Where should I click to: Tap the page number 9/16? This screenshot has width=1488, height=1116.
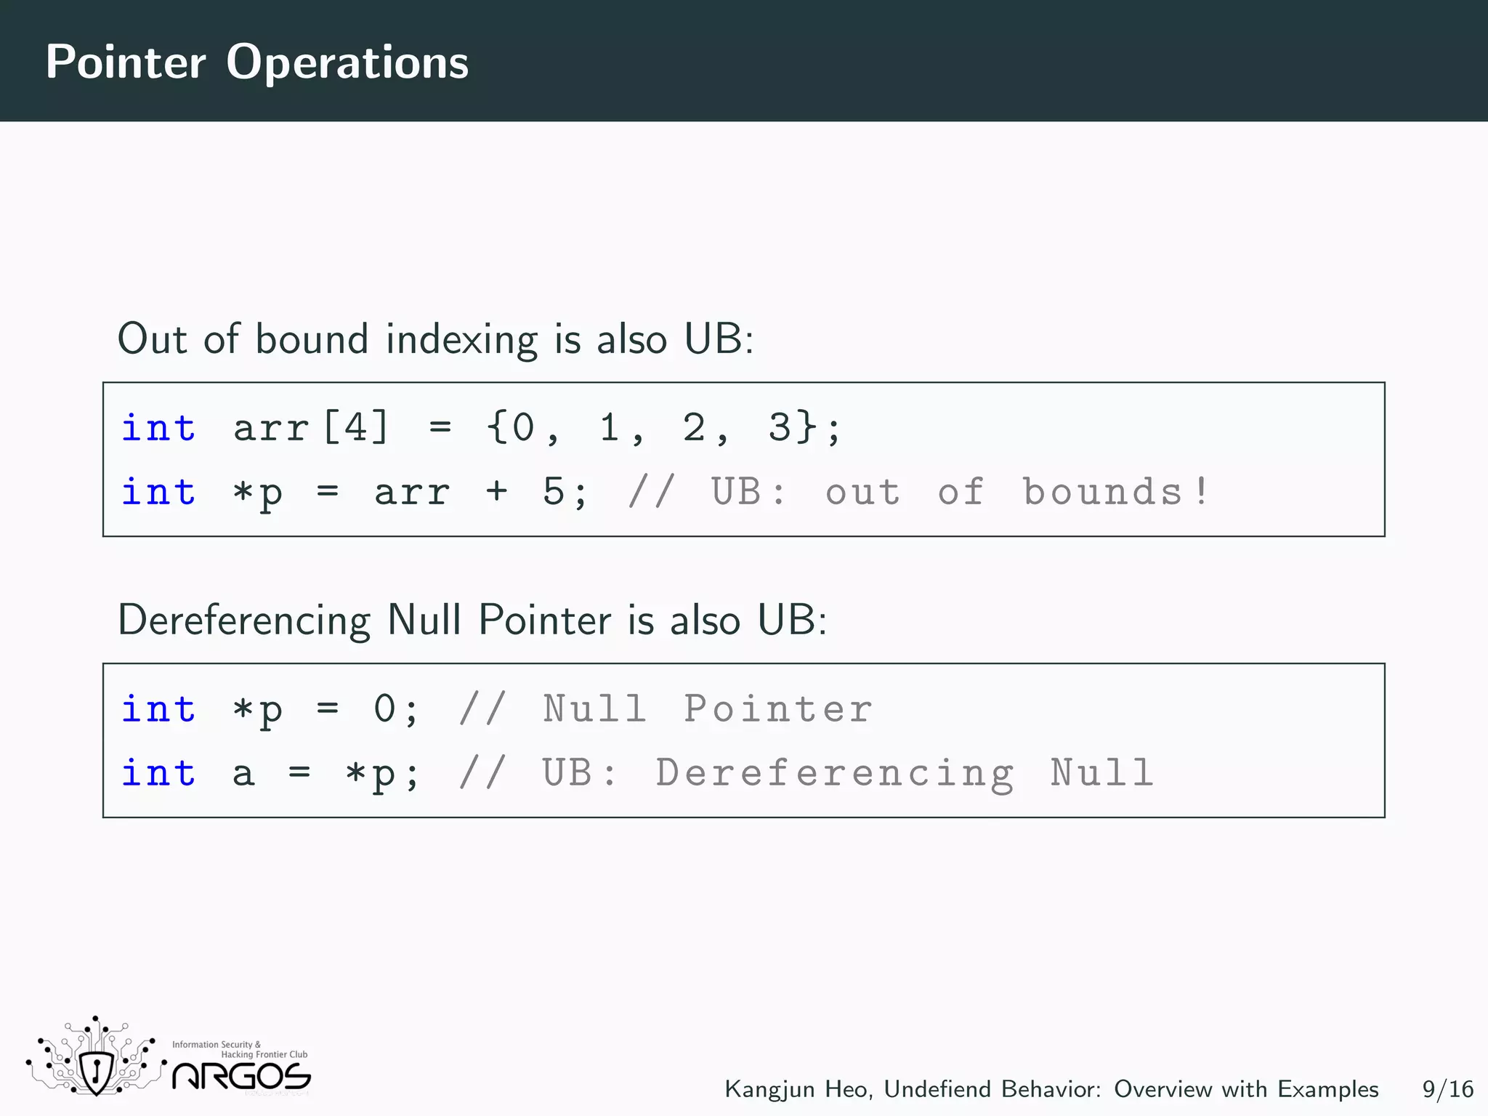pos(1447,1089)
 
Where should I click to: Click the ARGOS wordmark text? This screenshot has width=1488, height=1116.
pos(241,1077)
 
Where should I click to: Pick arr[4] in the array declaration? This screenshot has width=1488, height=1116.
pos(311,427)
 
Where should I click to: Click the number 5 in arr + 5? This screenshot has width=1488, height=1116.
pos(553,492)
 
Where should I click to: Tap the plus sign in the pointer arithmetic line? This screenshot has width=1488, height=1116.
pos(497,492)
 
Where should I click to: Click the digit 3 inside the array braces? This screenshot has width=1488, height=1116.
pos(779,427)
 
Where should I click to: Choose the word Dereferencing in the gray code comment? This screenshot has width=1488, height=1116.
pos(834,773)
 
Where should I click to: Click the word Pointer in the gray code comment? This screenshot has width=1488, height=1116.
pos(777,709)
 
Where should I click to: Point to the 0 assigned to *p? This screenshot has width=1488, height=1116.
pos(384,709)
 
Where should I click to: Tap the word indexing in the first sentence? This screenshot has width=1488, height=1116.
pos(461,339)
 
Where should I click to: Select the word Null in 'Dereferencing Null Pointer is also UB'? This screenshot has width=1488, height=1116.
pos(424,620)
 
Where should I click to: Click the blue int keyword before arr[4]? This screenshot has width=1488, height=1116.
pos(158,427)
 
